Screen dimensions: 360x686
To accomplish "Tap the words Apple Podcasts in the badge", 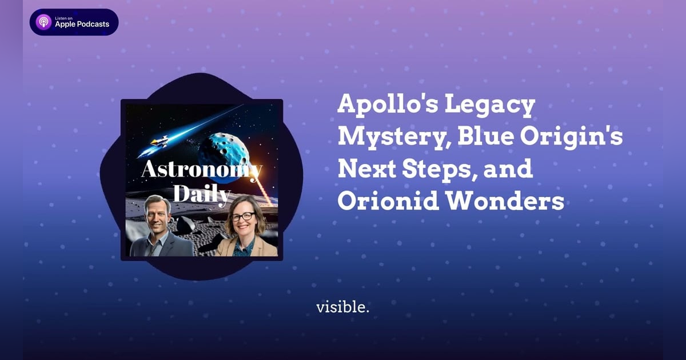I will point(82,25).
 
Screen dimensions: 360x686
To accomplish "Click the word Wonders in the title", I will point(516,202).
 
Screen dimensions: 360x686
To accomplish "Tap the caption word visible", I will point(342,307).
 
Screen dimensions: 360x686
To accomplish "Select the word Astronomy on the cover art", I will point(201,170).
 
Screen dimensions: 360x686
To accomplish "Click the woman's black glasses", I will point(244,217).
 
